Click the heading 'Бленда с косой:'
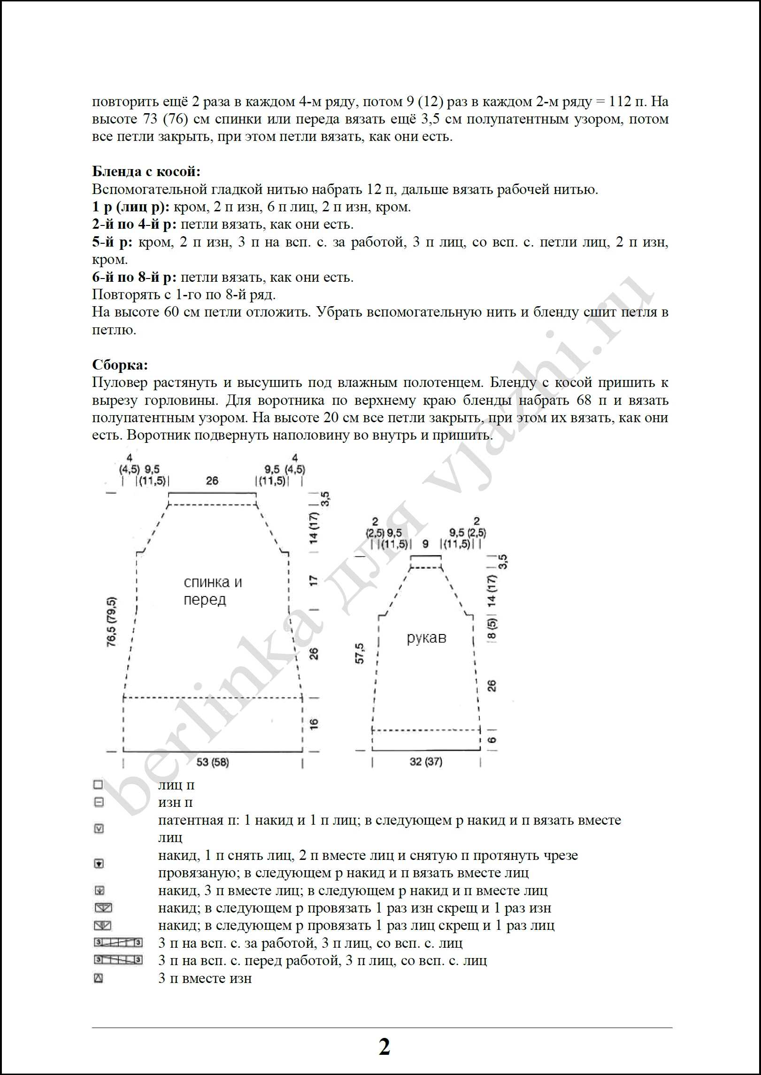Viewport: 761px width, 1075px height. pyautogui.click(x=146, y=172)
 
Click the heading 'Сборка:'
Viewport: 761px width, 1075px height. pyautogui.click(x=120, y=365)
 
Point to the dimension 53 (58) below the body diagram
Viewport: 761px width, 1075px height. pyautogui.click(x=213, y=762)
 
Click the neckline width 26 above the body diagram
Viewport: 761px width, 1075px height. pyautogui.click(x=212, y=480)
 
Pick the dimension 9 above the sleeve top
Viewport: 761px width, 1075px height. pyautogui.click(x=425, y=544)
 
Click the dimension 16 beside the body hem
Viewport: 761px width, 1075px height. pyautogui.click(x=314, y=724)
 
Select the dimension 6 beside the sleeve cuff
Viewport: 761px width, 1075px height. pyautogui.click(x=492, y=740)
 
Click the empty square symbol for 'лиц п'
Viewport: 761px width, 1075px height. pyautogui.click(x=98, y=785)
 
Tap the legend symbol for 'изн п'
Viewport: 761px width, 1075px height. pyautogui.click(x=99, y=803)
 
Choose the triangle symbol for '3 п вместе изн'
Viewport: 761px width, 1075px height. pyautogui.click(x=99, y=979)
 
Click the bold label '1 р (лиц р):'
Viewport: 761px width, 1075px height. pyautogui.click(x=131, y=207)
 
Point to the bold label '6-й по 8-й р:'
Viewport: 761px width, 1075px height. pyautogui.click(x=134, y=278)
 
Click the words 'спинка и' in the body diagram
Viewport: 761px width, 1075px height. pyautogui.click(x=213, y=582)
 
